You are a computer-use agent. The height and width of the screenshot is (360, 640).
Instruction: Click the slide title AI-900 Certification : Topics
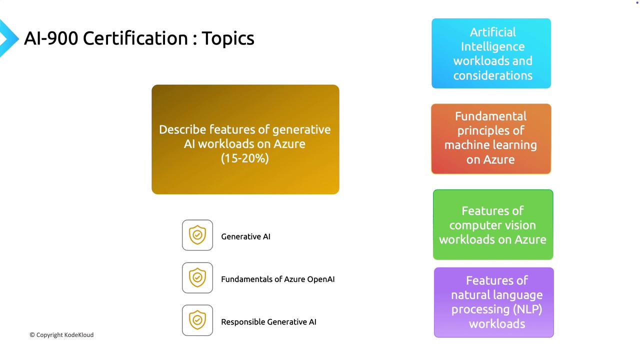pos(139,38)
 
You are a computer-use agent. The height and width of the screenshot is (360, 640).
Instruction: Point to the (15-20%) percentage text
pos(245,158)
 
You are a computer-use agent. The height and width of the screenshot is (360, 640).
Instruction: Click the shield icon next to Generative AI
pos(197,235)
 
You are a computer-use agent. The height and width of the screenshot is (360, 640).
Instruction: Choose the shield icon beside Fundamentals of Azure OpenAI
pos(197,277)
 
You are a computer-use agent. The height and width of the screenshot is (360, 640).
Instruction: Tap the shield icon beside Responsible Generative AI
pos(197,320)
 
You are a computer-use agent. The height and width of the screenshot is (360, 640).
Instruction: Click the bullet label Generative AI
pos(245,236)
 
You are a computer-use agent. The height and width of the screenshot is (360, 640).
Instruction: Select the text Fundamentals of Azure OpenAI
pos(277,279)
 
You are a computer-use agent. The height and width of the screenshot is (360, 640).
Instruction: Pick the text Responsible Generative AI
pos(268,322)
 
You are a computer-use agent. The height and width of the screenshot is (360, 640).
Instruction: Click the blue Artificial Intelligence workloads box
pos(491,53)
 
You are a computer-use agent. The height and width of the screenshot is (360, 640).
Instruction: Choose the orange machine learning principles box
pos(491,138)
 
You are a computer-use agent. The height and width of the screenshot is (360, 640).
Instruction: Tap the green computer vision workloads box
pos(493,224)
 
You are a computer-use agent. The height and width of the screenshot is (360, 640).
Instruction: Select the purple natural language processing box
pos(494,302)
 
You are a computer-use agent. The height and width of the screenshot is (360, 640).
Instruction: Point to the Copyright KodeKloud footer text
pos(61,335)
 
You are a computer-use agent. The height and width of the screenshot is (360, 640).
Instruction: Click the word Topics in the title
pos(228,38)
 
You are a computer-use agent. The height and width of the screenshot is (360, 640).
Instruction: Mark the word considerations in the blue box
pos(492,75)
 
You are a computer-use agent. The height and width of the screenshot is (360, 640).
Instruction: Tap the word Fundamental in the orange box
pos(490,116)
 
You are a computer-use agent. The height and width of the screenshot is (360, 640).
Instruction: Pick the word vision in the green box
pos(520,225)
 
